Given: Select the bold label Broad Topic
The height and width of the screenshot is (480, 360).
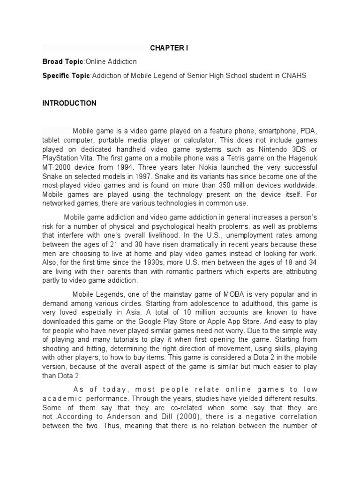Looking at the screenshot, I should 62,62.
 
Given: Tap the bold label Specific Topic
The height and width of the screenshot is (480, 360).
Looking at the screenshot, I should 66,76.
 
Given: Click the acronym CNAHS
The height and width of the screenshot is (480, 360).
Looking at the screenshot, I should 295,76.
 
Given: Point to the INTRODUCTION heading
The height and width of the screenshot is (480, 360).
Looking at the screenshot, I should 69,103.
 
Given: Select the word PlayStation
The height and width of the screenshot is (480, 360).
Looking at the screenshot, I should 60,159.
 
